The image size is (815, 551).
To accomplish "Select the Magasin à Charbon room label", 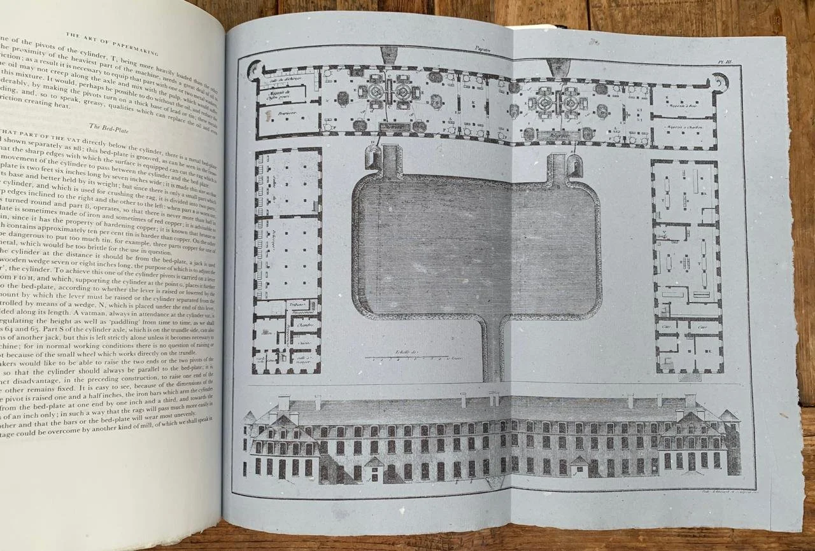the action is click(x=683, y=127).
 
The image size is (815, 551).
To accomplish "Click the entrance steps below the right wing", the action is click(x=690, y=377).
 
